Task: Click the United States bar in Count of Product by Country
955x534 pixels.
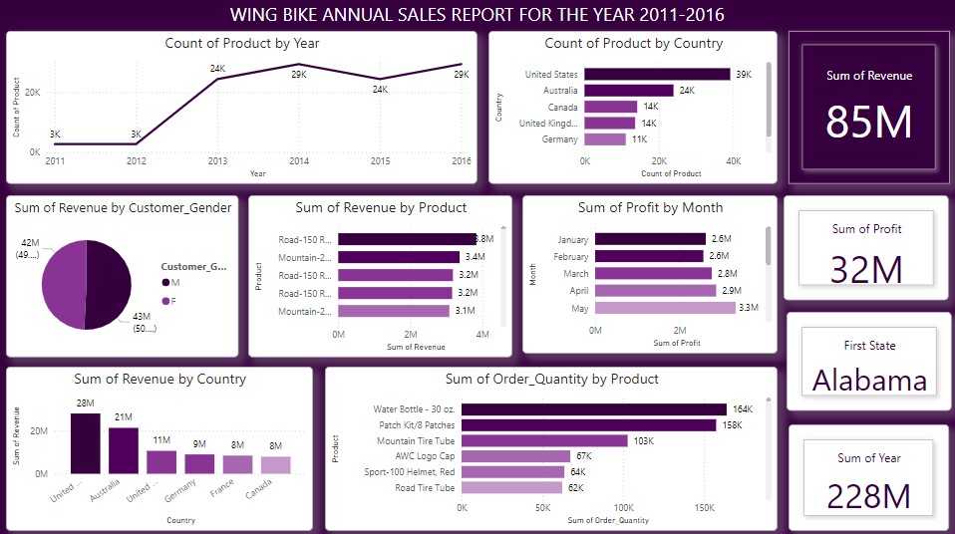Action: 657,74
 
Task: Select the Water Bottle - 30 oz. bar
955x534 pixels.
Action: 593,408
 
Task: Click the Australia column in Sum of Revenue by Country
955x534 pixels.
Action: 124,450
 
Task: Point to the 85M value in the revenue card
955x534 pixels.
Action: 868,122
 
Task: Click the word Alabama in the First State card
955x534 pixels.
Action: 868,380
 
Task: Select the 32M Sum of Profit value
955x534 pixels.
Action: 866,269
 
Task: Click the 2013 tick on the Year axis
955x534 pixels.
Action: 217,160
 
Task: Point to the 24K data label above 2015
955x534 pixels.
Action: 380,89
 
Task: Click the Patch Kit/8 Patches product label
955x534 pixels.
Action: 414,424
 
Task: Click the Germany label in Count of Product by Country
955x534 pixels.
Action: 561,139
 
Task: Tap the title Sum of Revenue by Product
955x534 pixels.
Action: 381,207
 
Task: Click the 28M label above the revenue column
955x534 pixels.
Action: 85,402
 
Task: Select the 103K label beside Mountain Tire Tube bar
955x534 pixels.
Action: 642,440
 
